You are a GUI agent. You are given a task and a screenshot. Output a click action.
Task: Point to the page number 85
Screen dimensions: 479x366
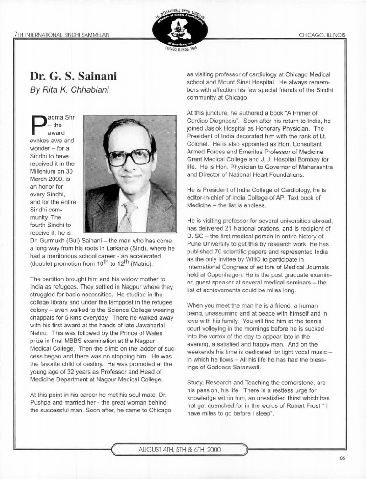(343, 459)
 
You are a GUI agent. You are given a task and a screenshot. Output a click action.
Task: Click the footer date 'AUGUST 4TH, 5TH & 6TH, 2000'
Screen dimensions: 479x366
(179, 449)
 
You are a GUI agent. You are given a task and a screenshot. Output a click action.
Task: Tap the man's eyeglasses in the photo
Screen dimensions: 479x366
(129, 157)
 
